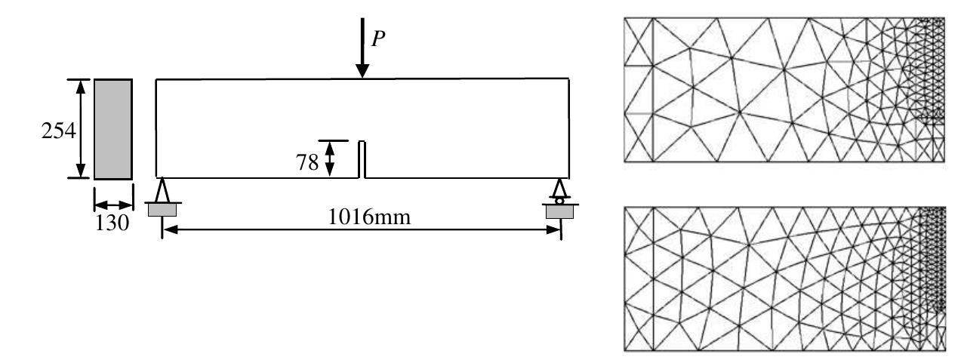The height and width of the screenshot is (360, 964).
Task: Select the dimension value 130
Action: point(112,223)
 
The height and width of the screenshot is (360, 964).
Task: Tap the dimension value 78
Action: point(307,162)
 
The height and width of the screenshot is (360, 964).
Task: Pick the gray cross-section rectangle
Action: point(113,128)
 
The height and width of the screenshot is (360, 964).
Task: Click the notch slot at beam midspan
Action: point(362,159)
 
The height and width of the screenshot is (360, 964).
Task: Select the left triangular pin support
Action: point(162,189)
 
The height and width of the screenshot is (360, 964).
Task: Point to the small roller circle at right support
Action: point(559,200)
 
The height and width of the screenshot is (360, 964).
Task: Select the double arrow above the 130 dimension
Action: point(112,205)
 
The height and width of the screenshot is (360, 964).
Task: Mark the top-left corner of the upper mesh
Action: point(625,18)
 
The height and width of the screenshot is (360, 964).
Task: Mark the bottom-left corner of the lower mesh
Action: point(625,349)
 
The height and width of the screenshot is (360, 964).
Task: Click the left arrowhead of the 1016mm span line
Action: point(168,230)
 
